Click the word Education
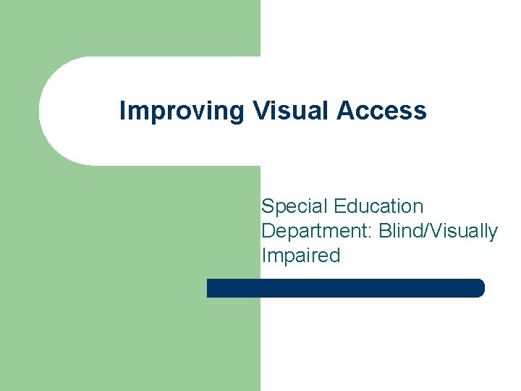378,206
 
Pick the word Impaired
300,256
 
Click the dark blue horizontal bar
345,288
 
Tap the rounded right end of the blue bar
479,288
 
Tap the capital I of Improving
122,111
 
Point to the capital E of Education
339,206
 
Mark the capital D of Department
268,231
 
